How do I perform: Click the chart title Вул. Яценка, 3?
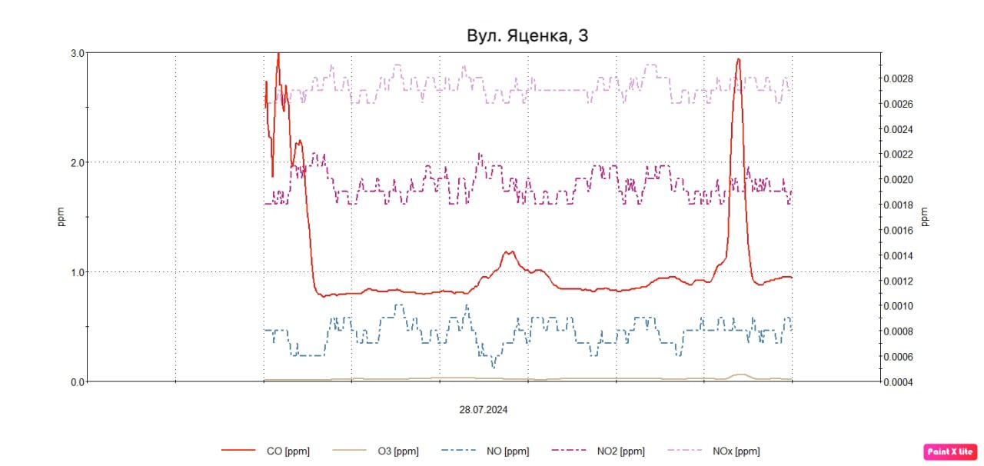(x=527, y=35)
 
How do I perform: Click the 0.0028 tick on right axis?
(x=898, y=78)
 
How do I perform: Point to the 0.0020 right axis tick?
(x=898, y=180)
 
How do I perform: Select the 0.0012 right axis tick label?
(x=898, y=281)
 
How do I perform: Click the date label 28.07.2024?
(x=484, y=410)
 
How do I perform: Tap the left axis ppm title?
(x=61, y=217)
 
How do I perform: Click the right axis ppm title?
(x=925, y=217)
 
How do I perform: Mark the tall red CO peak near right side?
(x=738, y=60)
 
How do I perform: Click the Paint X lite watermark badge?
(x=950, y=451)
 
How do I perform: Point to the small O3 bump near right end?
(x=740, y=374)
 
